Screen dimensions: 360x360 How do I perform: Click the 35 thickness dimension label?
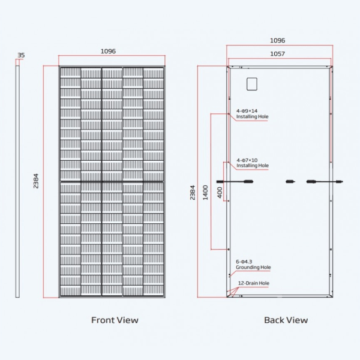point(21,55)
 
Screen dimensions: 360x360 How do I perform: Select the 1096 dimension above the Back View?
point(277,41)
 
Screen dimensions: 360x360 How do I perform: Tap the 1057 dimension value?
point(277,54)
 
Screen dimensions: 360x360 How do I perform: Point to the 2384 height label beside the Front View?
point(37,181)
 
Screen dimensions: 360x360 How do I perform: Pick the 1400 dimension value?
point(206,193)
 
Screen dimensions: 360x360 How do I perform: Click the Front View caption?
point(115,320)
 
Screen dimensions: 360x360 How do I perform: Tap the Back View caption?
point(286,320)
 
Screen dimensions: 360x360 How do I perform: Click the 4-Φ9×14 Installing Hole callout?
point(250,114)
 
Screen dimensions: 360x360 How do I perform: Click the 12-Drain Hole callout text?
point(254,283)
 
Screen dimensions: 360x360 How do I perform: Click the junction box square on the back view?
point(252,83)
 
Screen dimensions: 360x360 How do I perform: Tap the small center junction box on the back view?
point(290,181)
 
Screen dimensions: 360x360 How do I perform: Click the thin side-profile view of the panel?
point(18,181)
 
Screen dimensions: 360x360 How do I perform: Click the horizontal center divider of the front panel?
point(112,181)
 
